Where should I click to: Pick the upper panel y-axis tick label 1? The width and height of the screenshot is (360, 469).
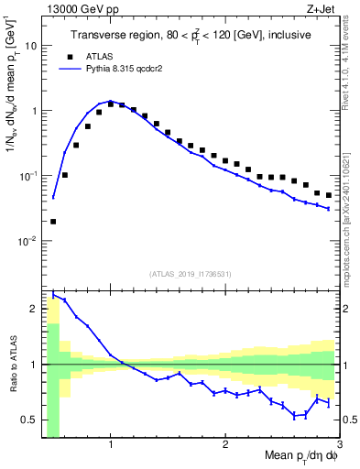pos(32,111)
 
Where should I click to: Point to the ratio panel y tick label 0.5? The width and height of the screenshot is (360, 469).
pos(28,420)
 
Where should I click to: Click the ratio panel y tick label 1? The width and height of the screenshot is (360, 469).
pos(32,365)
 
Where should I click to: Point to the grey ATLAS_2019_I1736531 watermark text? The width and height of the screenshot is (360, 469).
pos(191,273)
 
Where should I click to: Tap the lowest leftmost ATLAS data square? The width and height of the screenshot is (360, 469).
pos(53,221)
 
